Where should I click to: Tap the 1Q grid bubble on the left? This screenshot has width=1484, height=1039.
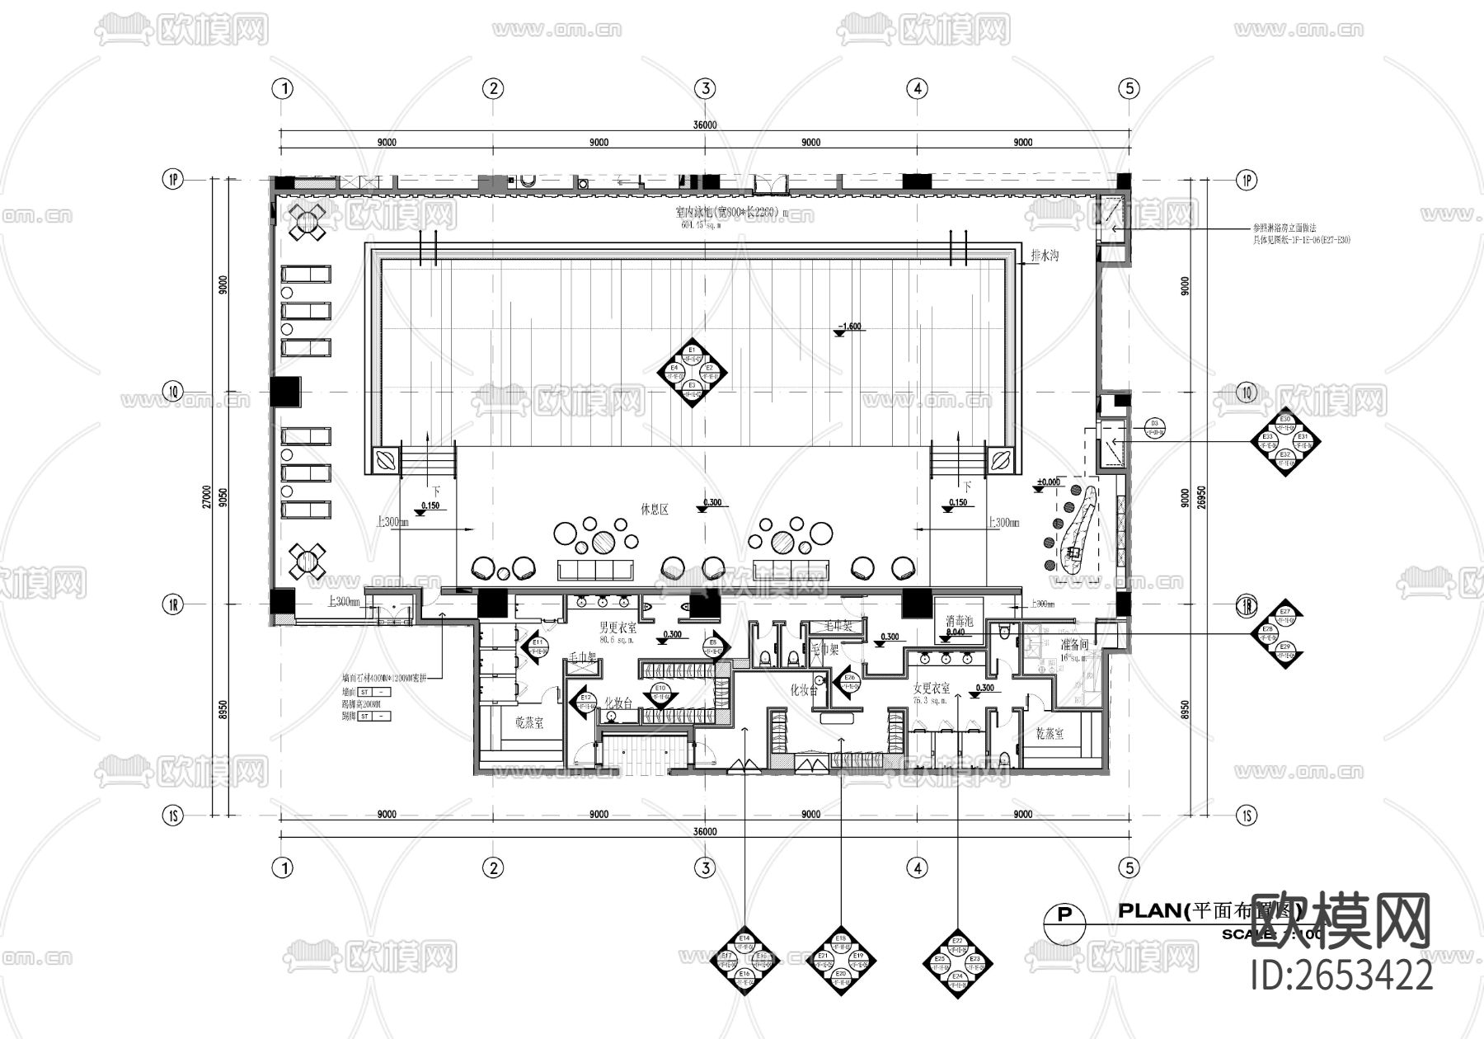point(172,393)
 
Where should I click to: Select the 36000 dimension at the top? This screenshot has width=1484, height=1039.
point(705,125)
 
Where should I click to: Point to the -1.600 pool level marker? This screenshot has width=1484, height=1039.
point(848,327)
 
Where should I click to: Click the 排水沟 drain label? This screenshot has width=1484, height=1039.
point(1044,256)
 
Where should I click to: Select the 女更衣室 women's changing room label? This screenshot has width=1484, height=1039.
point(932,687)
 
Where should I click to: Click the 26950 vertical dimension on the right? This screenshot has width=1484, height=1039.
point(1202,497)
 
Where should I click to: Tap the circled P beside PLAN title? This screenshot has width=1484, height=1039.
point(1064,915)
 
